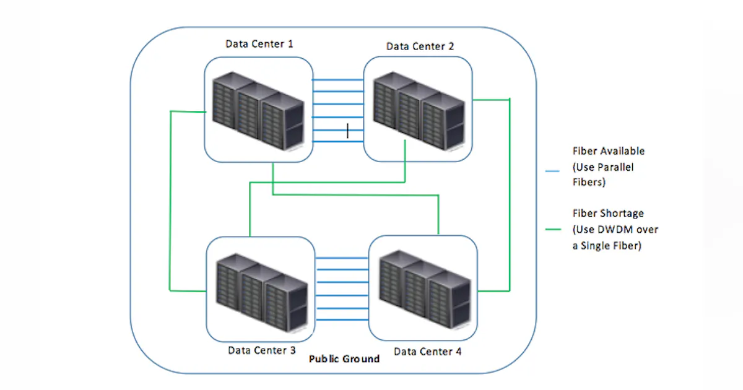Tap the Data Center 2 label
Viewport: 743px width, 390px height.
(420, 46)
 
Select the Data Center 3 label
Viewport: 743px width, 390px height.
(261, 350)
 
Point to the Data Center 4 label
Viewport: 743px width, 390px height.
(427, 352)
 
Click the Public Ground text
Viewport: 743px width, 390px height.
(344, 358)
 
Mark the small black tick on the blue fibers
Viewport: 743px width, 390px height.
(348, 130)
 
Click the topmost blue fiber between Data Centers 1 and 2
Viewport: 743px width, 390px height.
(337, 80)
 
